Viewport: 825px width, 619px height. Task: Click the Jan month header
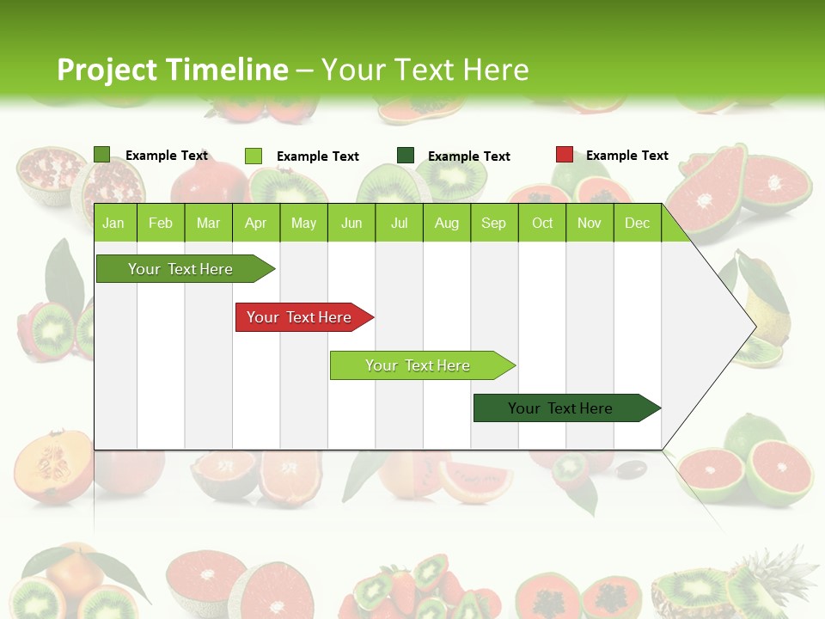click(113, 223)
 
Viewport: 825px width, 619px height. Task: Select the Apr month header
click(255, 223)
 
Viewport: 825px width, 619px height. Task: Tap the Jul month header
click(399, 223)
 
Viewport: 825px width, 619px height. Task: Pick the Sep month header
click(493, 223)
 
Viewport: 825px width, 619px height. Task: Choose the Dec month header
click(637, 223)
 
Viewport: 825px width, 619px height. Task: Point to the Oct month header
click(542, 223)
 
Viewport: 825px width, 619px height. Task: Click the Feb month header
click(161, 223)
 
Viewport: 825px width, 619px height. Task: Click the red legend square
click(564, 155)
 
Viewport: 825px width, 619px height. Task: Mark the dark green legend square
click(406, 155)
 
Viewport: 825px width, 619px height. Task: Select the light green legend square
click(254, 156)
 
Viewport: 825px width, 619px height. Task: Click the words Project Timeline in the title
click(172, 70)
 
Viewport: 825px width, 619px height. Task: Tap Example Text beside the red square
click(626, 156)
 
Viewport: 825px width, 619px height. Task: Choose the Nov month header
click(590, 223)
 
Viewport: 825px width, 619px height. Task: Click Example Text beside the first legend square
click(167, 156)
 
